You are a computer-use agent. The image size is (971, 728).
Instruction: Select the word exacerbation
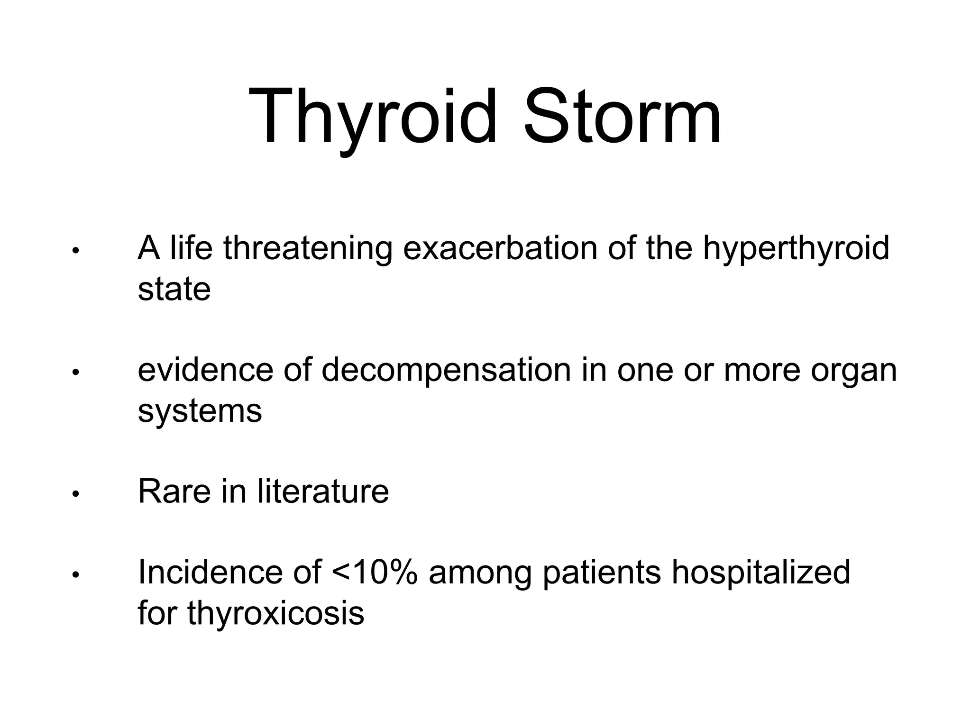500,248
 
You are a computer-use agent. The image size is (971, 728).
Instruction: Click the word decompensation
446,371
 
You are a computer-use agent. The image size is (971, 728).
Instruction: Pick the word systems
200,411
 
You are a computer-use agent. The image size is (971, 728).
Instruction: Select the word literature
323,491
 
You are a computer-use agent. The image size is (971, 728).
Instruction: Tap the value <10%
375,573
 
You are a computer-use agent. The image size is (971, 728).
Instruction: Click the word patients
602,573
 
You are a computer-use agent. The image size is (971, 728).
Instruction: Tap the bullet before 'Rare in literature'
75,494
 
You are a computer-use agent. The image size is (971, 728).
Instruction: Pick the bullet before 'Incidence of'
75,575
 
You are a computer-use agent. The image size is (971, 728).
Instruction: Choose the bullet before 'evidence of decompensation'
75,373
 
